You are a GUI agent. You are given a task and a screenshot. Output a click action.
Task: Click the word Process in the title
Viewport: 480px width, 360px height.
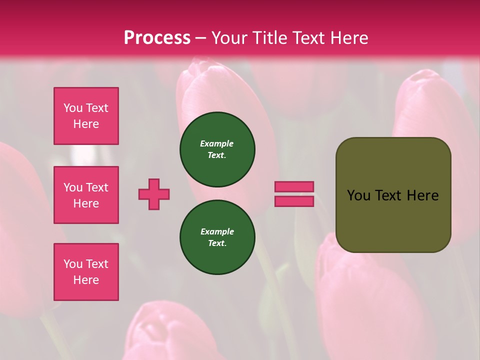pos(157,38)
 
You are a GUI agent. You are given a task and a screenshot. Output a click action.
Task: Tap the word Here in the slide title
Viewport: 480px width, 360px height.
pos(348,38)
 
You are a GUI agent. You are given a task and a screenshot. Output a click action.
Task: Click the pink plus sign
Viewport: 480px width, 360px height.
pos(154,194)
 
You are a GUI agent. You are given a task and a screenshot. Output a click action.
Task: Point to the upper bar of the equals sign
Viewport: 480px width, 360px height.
pos(294,187)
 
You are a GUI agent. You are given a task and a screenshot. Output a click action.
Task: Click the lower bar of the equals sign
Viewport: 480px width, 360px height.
pos(294,201)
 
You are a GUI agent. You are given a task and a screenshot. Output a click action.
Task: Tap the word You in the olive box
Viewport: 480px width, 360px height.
pos(359,195)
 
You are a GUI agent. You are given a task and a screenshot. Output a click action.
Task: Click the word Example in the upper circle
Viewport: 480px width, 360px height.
pos(217,143)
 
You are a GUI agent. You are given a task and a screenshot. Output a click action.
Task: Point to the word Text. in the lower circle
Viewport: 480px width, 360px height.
pos(217,243)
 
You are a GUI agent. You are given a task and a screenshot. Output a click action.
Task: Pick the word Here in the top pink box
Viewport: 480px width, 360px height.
pos(86,124)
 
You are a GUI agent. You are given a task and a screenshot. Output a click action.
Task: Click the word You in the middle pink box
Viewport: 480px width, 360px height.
pos(73,187)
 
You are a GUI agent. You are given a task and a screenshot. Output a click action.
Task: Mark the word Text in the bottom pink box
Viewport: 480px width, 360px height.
pos(97,264)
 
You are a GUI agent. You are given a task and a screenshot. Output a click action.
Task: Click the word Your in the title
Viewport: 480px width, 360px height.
pos(229,38)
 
